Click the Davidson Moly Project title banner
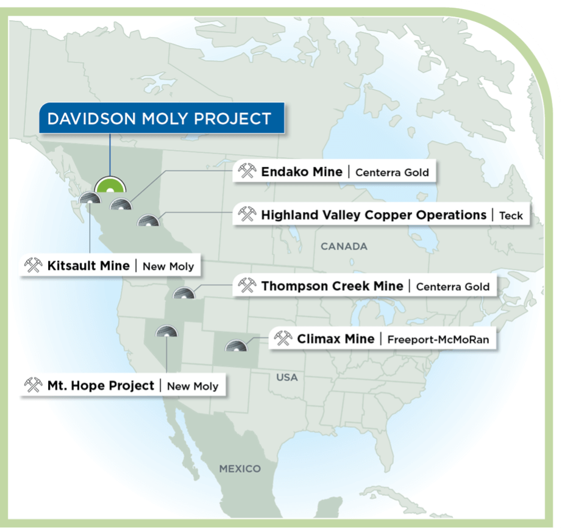[159, 118]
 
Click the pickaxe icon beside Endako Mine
[247, 171]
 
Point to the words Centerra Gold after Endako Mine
[393, 172]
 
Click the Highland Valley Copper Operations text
[374, 215]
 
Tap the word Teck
[511, 216]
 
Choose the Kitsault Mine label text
[88, 266]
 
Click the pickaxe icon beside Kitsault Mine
[33, 266]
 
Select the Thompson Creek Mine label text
[332, 286]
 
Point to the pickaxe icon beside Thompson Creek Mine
[247, 286]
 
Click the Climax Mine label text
[336, 339]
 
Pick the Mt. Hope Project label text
[101, 386]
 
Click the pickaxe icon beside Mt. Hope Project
[33, 386]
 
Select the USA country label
[287, 377]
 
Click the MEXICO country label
[240, 469]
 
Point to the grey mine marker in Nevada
[166, 333]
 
